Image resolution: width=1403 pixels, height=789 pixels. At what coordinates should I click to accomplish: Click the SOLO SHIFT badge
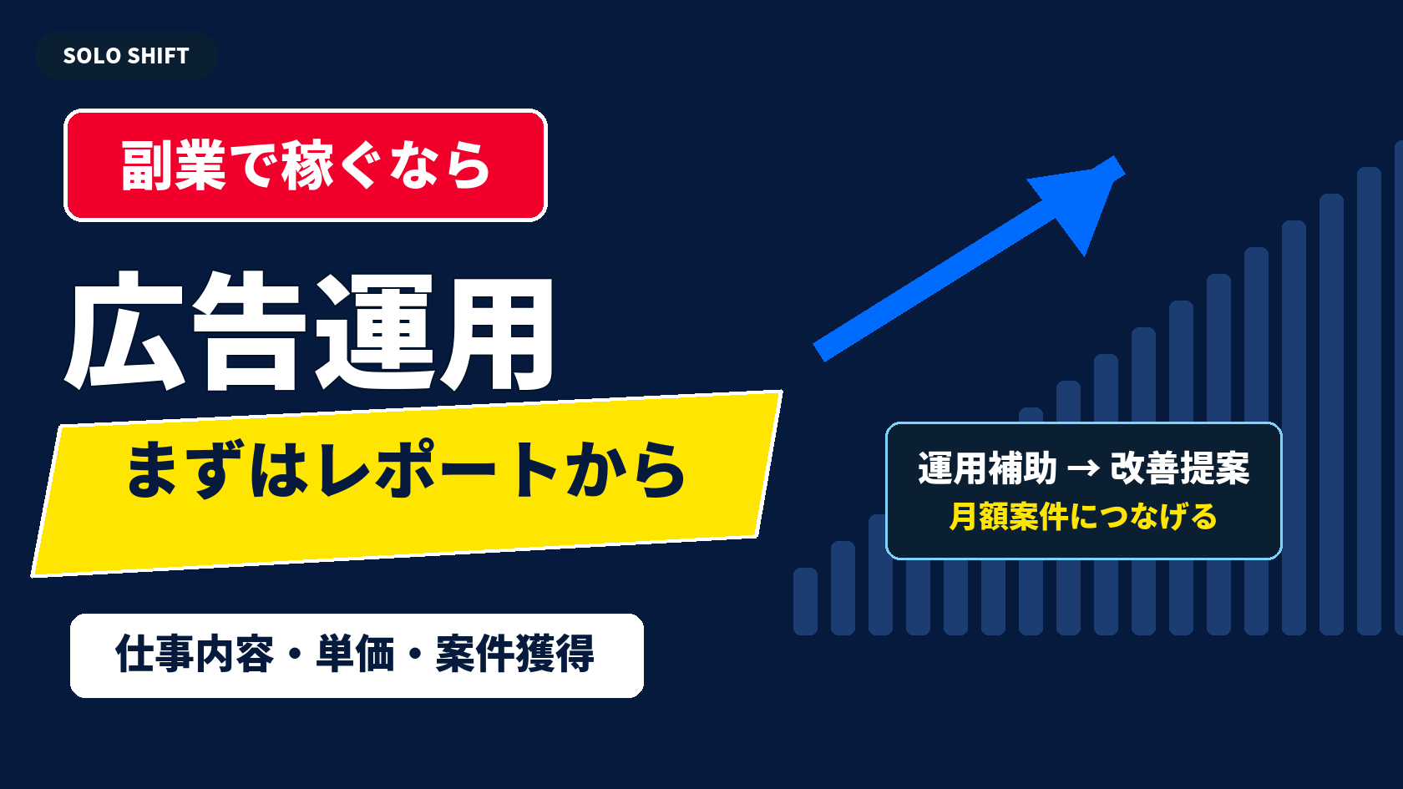pos(126,56)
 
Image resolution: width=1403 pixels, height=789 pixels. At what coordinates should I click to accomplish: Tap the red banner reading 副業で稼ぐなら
pos(306,165)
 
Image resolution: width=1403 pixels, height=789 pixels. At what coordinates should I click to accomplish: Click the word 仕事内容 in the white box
pos(195,655)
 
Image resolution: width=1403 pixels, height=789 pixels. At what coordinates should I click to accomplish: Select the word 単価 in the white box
pos(355,655)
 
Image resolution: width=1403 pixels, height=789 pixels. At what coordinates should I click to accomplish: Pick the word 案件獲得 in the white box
pos(514,655)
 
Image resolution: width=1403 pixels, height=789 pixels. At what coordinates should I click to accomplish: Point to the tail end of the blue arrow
pos(819,352)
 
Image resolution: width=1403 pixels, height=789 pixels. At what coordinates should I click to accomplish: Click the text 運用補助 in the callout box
pos(988,468)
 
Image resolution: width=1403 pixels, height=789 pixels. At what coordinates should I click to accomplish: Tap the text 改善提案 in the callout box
pos(1179,468)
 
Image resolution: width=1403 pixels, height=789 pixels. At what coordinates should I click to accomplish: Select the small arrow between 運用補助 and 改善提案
pos(1084,468)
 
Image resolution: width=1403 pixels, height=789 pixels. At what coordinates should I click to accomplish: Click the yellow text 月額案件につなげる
pos(1083,517)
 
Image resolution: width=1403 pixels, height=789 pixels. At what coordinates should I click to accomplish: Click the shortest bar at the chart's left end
pos(805,601)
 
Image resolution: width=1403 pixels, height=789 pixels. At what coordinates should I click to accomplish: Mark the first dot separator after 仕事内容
pos(295,655)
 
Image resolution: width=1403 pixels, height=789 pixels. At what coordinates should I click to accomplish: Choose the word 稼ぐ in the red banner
pos(332,165)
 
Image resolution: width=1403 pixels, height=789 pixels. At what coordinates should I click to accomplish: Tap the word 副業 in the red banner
pos(173,165)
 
